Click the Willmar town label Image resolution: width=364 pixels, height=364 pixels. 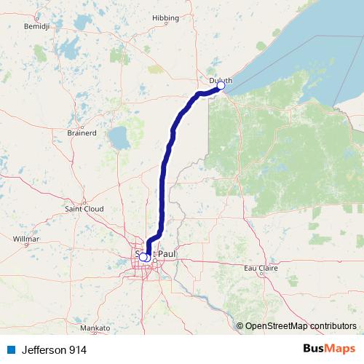click(26, 238)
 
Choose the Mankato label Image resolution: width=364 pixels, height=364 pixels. click(95, 328)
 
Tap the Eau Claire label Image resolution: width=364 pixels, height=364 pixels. click(260, 268)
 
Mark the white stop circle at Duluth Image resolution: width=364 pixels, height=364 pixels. click(221, 86)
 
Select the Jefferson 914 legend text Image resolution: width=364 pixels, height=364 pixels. click(54, 350)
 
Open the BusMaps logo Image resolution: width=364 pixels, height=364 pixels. click(329, 349)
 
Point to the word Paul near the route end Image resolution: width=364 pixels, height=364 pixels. click(166, 254)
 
